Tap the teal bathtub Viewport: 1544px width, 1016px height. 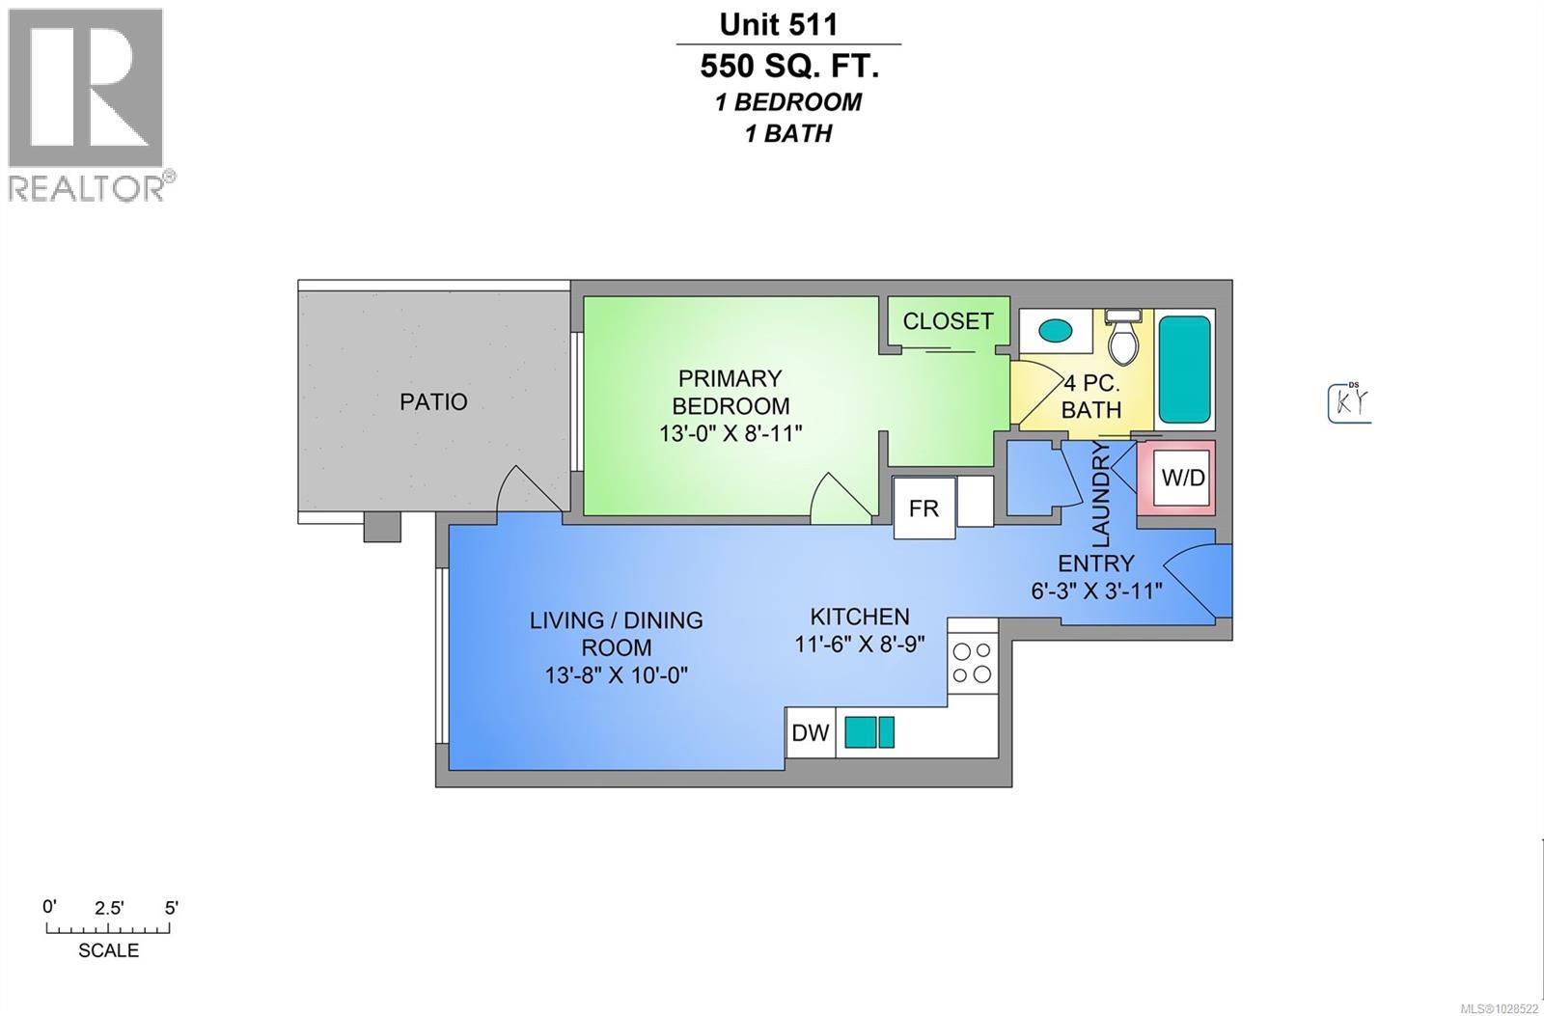coord(1184,369)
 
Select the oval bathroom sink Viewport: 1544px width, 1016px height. coord(1056,330)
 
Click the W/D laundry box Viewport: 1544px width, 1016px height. coord(1182,478)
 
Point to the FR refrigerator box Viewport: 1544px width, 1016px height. coord(924,508)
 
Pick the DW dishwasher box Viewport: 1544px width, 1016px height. coord(811,732)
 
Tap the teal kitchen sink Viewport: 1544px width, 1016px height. coord(869,732)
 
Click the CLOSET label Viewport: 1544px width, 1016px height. coord(948,320)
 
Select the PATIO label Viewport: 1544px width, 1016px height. coord(433,401)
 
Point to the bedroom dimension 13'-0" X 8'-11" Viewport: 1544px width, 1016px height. coord(731,433)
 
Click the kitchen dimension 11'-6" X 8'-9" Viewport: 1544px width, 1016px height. coord(860,643)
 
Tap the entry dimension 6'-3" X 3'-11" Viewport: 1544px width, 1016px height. coord(1096,590)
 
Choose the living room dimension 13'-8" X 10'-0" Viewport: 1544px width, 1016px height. coord(616,674)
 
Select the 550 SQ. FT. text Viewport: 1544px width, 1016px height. coord(789,67)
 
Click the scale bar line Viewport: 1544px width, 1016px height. coord(109,929)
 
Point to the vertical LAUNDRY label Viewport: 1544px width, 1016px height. coord(1101,494)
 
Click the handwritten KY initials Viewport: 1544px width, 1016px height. coord(1349,403)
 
